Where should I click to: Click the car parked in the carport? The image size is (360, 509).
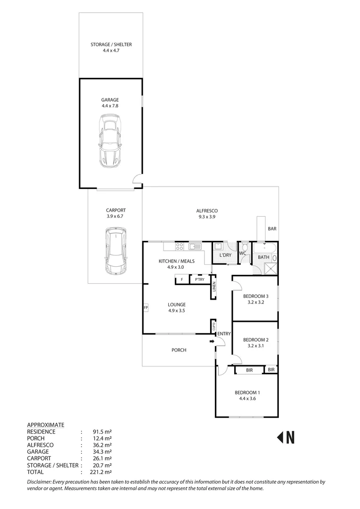(115, 251)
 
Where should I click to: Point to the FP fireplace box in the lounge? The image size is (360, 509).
(146, 308)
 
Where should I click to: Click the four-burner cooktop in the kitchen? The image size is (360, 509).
(180, 246)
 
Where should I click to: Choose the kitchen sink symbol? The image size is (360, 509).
(195, 246)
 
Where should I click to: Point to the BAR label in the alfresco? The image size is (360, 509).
(272, 229)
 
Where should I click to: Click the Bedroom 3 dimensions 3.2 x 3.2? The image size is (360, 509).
(253, 303)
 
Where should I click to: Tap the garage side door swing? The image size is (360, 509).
(137, 178)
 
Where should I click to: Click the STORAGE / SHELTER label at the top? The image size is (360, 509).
(111, 45)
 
